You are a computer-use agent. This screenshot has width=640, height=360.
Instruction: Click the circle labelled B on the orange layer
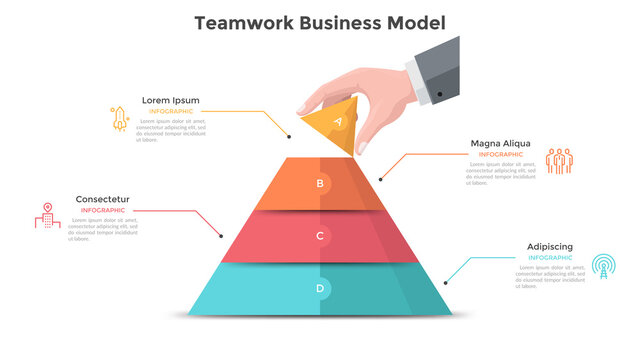click(320, 183)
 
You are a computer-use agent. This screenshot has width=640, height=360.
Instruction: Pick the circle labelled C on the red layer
click(320, 236)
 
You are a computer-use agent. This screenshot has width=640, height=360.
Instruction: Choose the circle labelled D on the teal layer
click(320, 289)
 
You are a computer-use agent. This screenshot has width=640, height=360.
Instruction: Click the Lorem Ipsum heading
click(170, 100)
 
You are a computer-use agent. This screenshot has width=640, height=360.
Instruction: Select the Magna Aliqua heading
click(500, 143)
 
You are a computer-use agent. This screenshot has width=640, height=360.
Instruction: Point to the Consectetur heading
click(102, 199)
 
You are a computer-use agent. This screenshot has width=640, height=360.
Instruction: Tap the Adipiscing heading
click(550, 246)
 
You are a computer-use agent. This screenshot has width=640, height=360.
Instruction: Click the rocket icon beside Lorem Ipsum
click(118, 118)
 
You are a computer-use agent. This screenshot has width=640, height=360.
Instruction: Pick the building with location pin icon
click(46, 216)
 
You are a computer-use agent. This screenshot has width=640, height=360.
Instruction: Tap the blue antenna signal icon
click(602, 265)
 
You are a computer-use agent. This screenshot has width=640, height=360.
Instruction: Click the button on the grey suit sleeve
click(440, 94)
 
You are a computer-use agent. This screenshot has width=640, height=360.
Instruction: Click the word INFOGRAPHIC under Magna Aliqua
click(500, 155)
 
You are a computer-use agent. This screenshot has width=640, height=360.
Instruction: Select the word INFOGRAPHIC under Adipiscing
click(550, 258)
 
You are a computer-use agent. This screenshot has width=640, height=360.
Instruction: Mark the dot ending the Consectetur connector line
click(221, 236)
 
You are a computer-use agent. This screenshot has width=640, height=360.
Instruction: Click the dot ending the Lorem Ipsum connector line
click(289, 136)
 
